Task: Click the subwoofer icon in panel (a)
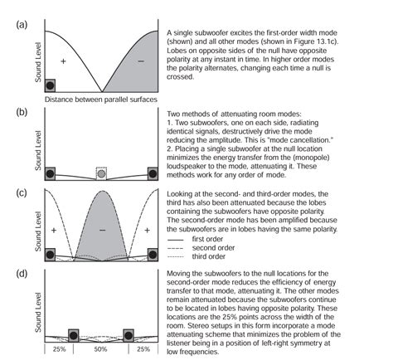pyautogui.click(x=50, y=84)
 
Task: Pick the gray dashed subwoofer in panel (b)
pyautogui.click(x=101, y=172)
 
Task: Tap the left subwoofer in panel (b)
pyautogui.click(x=50, y=172)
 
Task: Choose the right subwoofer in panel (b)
pyautogui.click(x=153, y=172)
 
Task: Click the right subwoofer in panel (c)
pyautogui.click(x=153, y=252)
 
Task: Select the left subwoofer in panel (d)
pyautogui.click(x=75, y=336)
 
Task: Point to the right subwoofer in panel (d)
pyautogui.click(x=127, y=336)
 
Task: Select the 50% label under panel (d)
pyautogui.click(x=101, y=350)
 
